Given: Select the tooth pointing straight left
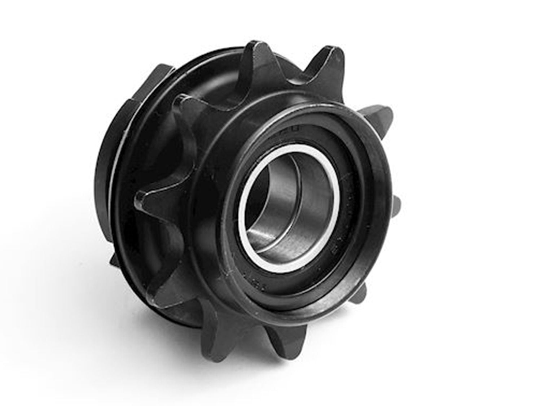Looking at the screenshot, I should [x=151, y=197].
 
